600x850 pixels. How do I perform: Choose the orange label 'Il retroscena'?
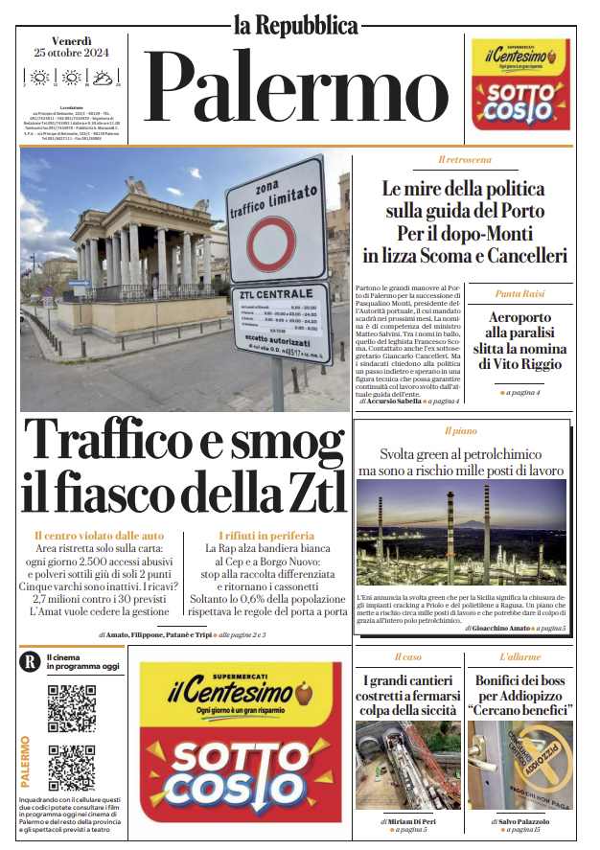pos(465,159)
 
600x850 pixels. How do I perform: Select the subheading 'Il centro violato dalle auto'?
pos(99,535)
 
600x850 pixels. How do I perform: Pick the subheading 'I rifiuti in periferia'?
pos(265,535)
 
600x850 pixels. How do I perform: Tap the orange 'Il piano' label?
pos(461,431)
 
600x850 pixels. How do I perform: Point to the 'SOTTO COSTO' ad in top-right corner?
pos(519,83)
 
